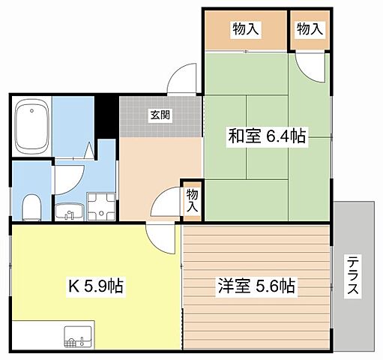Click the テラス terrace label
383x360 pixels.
(352, 276)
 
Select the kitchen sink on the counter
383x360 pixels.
(78, 335)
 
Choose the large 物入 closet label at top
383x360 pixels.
(247, 29)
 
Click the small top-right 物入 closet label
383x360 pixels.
(309, 29)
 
